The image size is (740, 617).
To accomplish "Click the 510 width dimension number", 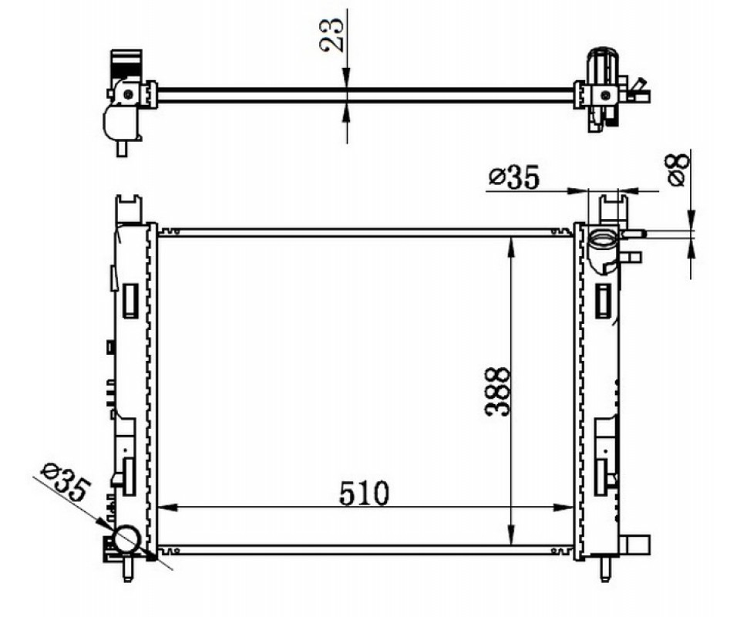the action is click(x=364, y=494).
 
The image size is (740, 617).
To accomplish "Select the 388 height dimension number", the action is click(x=498, y=391).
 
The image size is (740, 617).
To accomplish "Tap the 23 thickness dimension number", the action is click(x=331, y=35).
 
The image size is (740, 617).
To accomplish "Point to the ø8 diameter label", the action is click(x=678, y=170).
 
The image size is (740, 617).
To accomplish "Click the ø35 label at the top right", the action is click(x=513, y=178).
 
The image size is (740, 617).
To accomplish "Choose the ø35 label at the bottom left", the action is click(x=65, y=482).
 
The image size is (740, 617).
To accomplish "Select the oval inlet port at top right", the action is click(x=602, y=239).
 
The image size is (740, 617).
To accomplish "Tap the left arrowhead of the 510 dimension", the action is click(x=167, y=507).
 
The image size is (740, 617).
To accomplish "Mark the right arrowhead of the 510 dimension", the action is click(x=563, y=507).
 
